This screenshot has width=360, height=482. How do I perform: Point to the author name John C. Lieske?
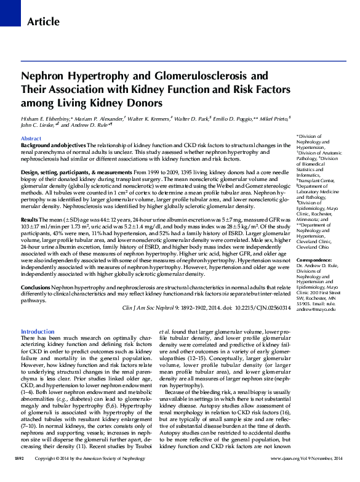click(x=39, y=126)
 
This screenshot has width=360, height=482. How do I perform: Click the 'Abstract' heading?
click(x=31, y=139)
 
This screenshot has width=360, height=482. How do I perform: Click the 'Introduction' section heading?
click(x=38, y=331)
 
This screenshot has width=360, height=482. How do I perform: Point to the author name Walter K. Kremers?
click(x=159, y=118)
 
